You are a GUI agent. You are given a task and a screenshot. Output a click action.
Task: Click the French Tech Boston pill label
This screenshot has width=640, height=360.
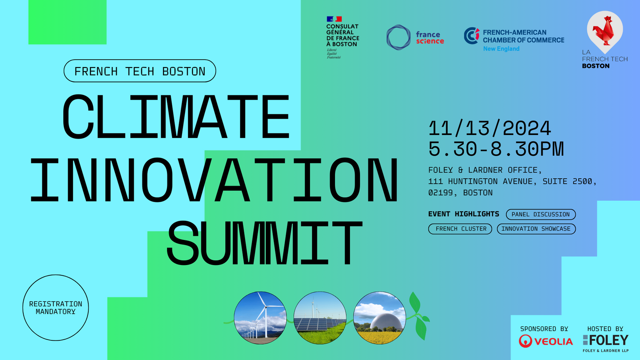coord(140,71)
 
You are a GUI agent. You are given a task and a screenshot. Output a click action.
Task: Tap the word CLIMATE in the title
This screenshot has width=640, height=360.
coord(176,117)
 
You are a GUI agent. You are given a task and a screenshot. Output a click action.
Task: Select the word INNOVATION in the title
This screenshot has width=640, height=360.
coord(214,180)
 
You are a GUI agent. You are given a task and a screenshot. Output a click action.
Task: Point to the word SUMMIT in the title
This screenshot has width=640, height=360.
coord(264,244)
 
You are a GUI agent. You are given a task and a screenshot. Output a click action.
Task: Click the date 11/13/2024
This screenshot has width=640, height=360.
coord(490,128)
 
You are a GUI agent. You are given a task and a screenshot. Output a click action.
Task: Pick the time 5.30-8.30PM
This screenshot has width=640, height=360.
coord(496,149)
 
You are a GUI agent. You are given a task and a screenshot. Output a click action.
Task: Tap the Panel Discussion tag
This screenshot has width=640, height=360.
coord(540,215)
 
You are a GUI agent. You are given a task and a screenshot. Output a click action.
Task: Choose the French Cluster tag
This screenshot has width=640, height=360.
coord(460,229)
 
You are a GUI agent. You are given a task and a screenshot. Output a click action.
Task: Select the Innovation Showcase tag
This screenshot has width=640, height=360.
coord(536,229)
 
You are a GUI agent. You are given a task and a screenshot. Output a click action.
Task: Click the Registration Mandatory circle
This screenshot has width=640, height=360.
coord(55,307)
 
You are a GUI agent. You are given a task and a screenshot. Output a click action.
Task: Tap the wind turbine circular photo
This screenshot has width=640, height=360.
coord(260,317)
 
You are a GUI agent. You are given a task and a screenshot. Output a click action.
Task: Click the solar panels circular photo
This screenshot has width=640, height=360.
coord(320,317)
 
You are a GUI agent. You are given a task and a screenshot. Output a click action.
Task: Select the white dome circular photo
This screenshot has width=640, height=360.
coord(379,317)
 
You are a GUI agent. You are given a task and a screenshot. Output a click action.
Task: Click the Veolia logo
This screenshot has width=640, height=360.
coord(545,341)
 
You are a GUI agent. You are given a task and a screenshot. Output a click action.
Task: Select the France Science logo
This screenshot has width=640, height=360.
coord(415,37)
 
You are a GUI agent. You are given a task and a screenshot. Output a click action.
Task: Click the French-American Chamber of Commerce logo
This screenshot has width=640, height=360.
coord(514,40)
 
